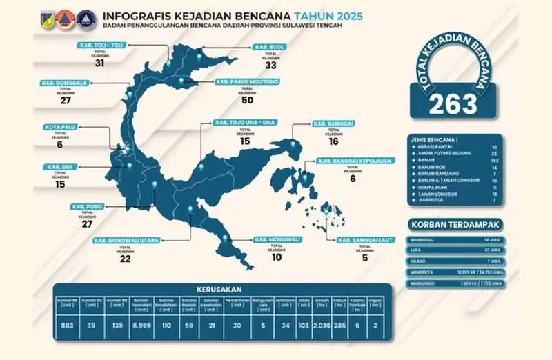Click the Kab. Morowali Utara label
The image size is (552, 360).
point(126,240)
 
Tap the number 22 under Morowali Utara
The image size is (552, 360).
point(125,259)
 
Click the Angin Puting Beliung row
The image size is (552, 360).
point(455,154)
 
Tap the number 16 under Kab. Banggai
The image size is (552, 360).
point(333,141)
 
